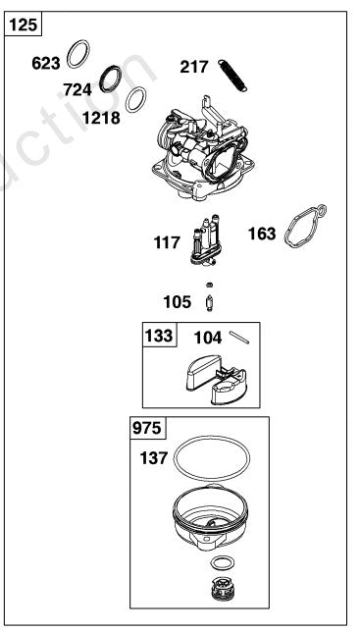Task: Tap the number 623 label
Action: coord(46,63)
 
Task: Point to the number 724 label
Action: coord(77,89)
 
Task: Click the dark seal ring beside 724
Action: coord(115,77)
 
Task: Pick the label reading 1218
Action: coord(101,118)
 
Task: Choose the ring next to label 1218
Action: coord(137,98)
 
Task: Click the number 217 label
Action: coord(194,68)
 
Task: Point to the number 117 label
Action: coord(167,241)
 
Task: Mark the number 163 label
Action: coord(262,235)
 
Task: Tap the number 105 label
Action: coord(179,300)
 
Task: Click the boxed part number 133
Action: coord(159,336)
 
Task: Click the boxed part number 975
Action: coord(147,429)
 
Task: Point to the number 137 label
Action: coord(154,457)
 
